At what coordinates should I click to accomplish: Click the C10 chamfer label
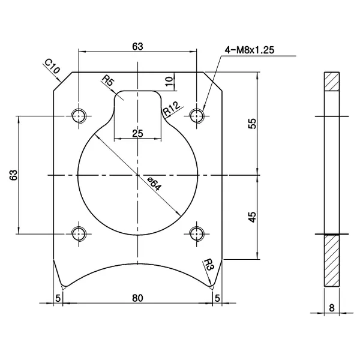(x=52, y=67)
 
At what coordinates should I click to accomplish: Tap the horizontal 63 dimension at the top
(x=138, y=47)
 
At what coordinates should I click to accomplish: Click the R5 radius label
(x=109, y=81)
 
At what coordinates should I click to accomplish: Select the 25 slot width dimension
(x=137, y=133)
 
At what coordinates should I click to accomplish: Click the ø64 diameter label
(x=154, y=184)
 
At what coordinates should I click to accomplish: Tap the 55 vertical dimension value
(x=253, y=123)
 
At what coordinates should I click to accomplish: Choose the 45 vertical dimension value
(x=253, y=217)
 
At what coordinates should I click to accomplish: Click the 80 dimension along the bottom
(x=137, y=296)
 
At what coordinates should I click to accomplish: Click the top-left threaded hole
(x=79, y=115)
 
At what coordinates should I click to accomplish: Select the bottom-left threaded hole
(x=79, y=233)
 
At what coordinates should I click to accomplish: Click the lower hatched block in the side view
(x=332, y=260)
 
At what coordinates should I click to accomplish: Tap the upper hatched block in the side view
(x=332, y=82)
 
